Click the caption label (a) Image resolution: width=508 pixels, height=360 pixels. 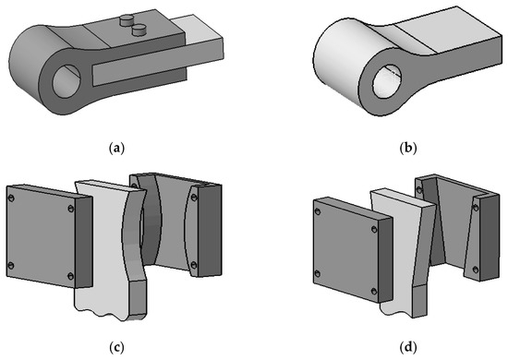coord(116,149)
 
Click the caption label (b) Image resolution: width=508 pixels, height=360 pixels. coord(408,149)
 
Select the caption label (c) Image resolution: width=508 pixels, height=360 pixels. coord(116,347)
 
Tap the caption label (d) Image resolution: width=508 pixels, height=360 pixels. coord(408,347)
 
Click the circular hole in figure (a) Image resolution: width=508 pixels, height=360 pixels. coord(67,81)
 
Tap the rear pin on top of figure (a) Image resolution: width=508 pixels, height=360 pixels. coord(127,20)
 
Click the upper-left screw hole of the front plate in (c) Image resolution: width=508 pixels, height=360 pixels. coord(11,198)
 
